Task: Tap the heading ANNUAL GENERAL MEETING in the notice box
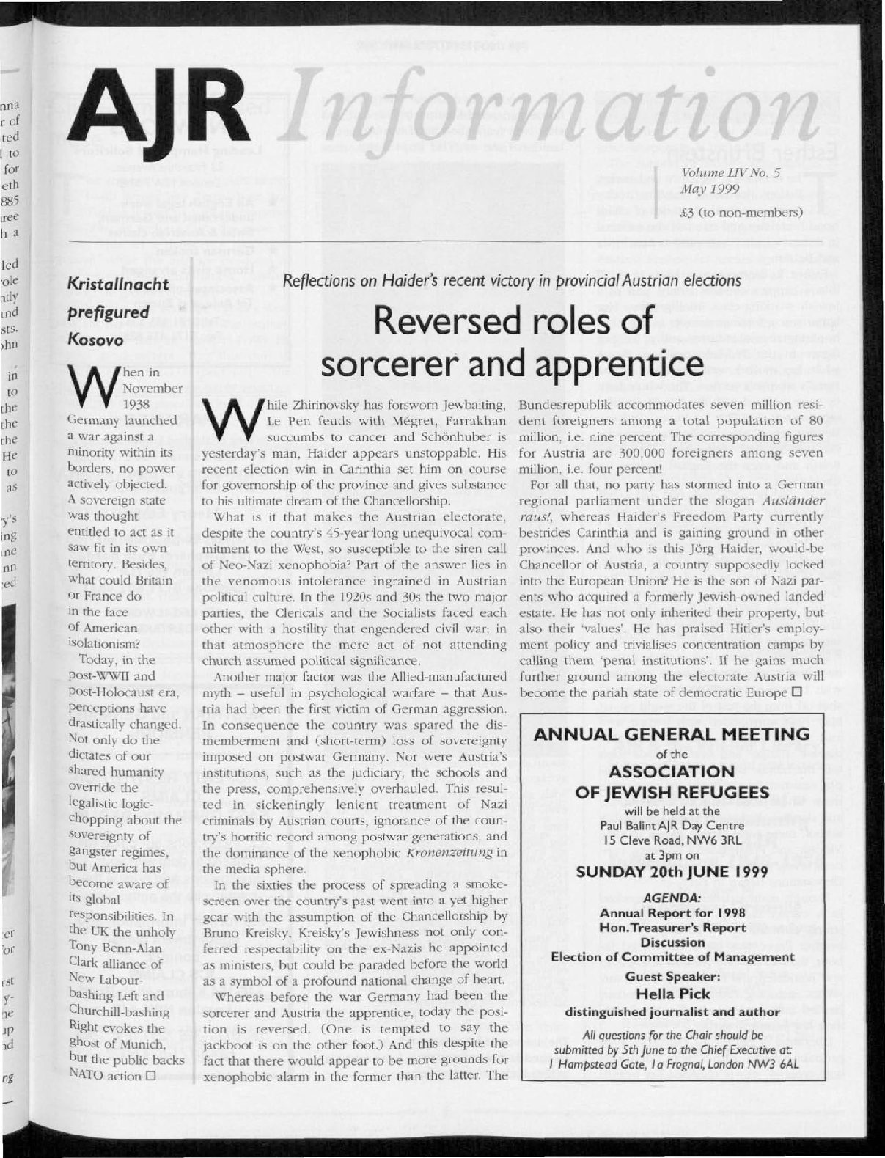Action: (x=672, y=734)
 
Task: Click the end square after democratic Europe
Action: (x=796, y=692)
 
